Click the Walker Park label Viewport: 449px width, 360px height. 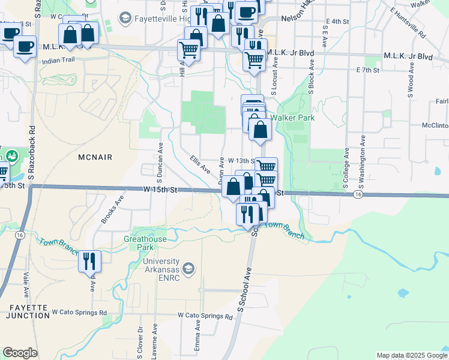point(292,118)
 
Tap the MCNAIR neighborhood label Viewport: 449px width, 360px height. point(95,157)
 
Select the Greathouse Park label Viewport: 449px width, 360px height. point(145,243)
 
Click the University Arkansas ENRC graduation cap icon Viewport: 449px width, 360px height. point(188,267)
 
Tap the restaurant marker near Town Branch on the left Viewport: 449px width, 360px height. point(90,261)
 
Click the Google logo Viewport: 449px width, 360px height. point(20,353)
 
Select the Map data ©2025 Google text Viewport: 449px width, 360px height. point(411,355)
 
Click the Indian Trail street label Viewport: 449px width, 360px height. point(57,61)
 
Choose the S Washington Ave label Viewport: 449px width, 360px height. point(363,161)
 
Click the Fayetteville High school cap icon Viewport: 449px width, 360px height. point(125,19)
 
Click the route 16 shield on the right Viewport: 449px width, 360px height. point(358,194)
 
